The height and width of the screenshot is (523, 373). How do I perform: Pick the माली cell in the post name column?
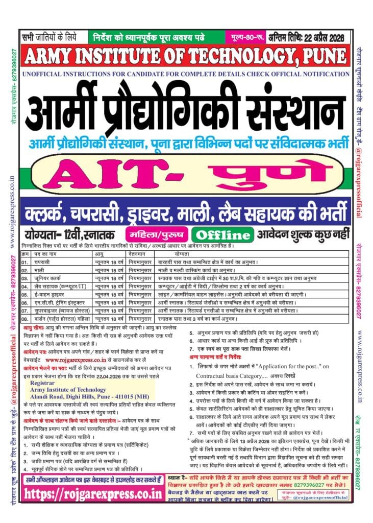(41, 269)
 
